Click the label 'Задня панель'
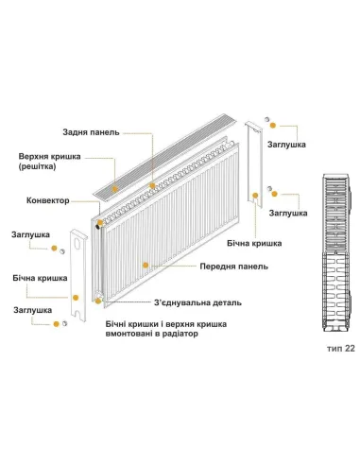[91, 133]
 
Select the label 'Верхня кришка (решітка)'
[46, 162]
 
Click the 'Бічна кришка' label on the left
[40, 280]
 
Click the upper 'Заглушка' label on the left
[31, 233]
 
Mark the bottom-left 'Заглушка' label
[31, 309]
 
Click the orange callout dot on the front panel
[143, 266]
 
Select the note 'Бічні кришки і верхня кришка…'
[168, 330]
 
